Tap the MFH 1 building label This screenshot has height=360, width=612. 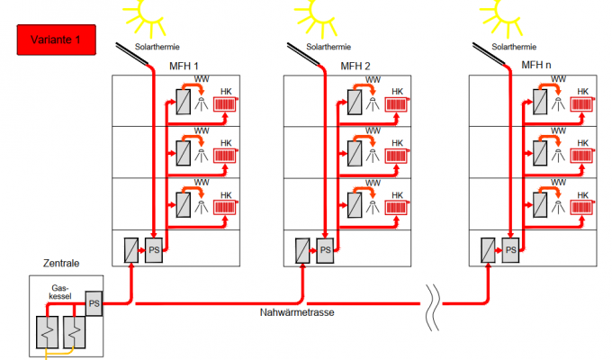pyautogui.click(x=184, y=66)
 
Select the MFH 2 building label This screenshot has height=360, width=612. pyautogui.click(x=355, y=66)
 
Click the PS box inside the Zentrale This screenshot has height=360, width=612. pyautogui.click(x=94, y=304)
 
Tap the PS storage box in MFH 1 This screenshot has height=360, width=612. pyautogui.click(x=153, y=249)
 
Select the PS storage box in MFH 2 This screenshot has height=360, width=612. pyautogui.click(x=325, y=249)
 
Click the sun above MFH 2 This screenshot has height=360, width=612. pyautogui.click(x=318, y=9)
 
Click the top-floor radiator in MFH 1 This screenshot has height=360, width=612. pyautogui.click(x=226, y=104)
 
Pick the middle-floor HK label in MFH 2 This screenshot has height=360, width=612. pyautogui.click(x=397, y=142)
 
